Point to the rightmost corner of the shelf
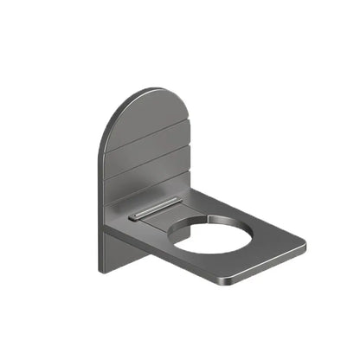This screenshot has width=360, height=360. (x=305, y=250)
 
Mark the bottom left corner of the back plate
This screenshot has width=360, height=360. (x=100, y=272)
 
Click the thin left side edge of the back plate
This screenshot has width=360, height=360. (x=99, y=199)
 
